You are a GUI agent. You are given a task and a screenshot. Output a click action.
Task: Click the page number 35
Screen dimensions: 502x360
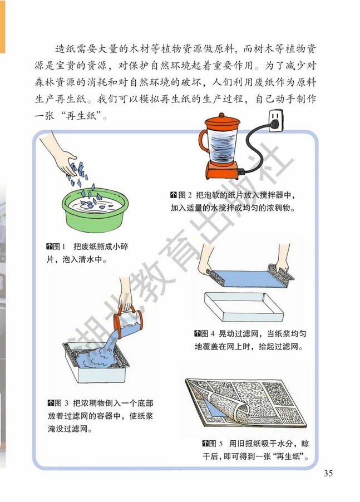click(328, 474)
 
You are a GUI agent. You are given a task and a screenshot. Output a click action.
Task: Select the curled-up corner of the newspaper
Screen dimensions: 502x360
click(229, 409)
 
